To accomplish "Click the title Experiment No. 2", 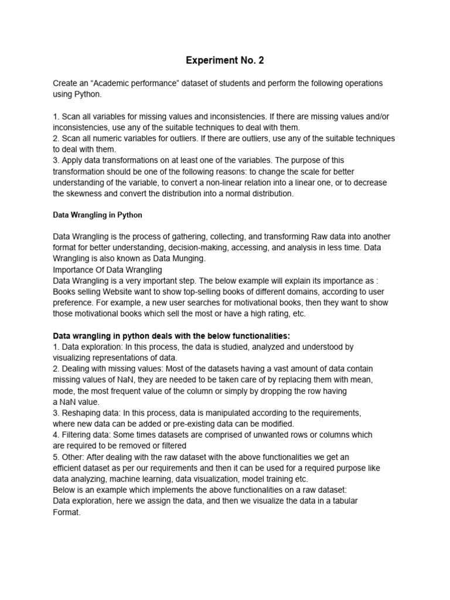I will [x=224, y=60].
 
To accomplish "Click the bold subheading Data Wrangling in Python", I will [x=98, y=215].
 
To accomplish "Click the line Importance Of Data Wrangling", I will [x=107, y=270].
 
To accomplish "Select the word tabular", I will [x=342, y=501].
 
